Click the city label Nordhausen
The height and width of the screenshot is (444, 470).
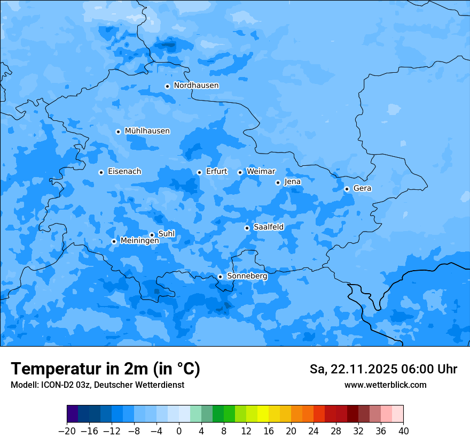196,86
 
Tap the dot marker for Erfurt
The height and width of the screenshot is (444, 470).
199,172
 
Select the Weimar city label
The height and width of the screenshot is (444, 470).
261,172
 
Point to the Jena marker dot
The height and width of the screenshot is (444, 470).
278,182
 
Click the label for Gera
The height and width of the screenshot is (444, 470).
362,188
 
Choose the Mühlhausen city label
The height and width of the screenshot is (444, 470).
147,131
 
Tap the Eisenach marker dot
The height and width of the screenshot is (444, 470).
101,172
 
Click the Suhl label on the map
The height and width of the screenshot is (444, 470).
167,234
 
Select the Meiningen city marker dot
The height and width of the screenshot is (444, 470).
114,241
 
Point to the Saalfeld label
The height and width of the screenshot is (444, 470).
269,227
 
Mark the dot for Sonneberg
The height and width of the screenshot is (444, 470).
220,277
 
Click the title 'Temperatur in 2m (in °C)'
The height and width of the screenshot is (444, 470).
105,369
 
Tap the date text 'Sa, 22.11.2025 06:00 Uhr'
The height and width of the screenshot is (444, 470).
383,369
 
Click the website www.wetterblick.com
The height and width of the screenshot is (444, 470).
385,385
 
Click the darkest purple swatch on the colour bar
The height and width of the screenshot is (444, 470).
72,414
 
